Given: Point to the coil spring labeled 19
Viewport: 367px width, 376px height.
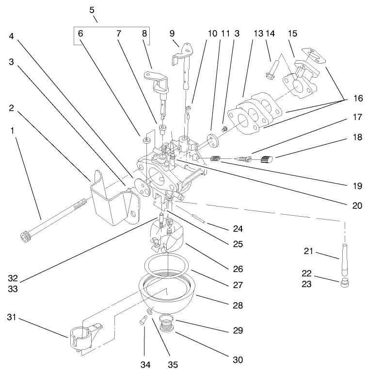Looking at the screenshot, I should click(216, 158).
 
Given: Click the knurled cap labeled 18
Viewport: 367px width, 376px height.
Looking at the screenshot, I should click(267, 158).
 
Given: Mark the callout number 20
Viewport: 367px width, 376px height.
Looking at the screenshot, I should click(357, 205).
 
